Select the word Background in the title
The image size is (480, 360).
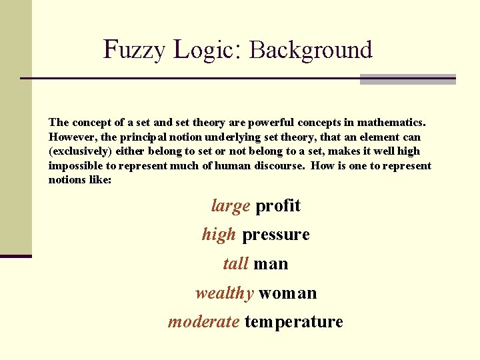(311, 50)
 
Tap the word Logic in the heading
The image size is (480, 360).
(201, 50)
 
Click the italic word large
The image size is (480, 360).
(230, 206)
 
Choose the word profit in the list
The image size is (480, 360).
(278, 206)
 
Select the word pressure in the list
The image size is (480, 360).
(276, 235)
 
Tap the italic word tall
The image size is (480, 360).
(235, 264)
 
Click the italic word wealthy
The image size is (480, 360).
(224, 293)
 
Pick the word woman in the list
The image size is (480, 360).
(287, 293)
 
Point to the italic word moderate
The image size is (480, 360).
(203, 322)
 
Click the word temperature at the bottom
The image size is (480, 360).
(293, 323)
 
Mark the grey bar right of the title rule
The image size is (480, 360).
(407, 79)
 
